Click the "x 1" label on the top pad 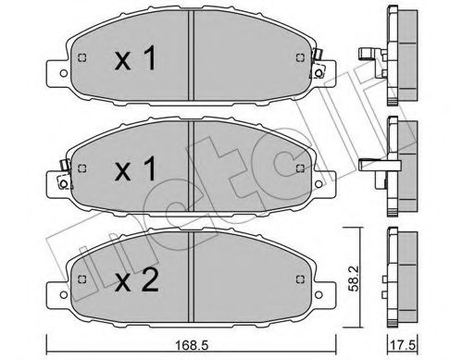pyautogui.click(x=135, y=62)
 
